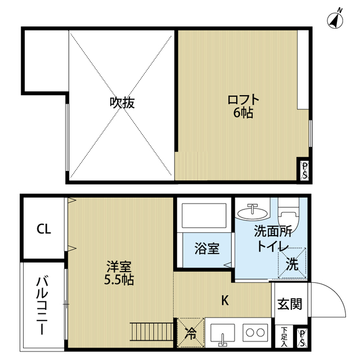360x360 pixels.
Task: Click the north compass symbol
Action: coord(336,20)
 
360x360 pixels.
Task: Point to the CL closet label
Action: coord(43,229)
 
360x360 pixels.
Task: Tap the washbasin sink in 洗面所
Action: coord(253,213)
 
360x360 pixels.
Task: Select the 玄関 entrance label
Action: coord(290,304)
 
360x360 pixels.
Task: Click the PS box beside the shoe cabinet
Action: coord(303,337)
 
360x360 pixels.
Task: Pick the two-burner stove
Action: coord(254,332)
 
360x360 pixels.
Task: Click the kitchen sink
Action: coord(223,333)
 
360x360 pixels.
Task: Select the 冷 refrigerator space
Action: coord(190,332)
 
